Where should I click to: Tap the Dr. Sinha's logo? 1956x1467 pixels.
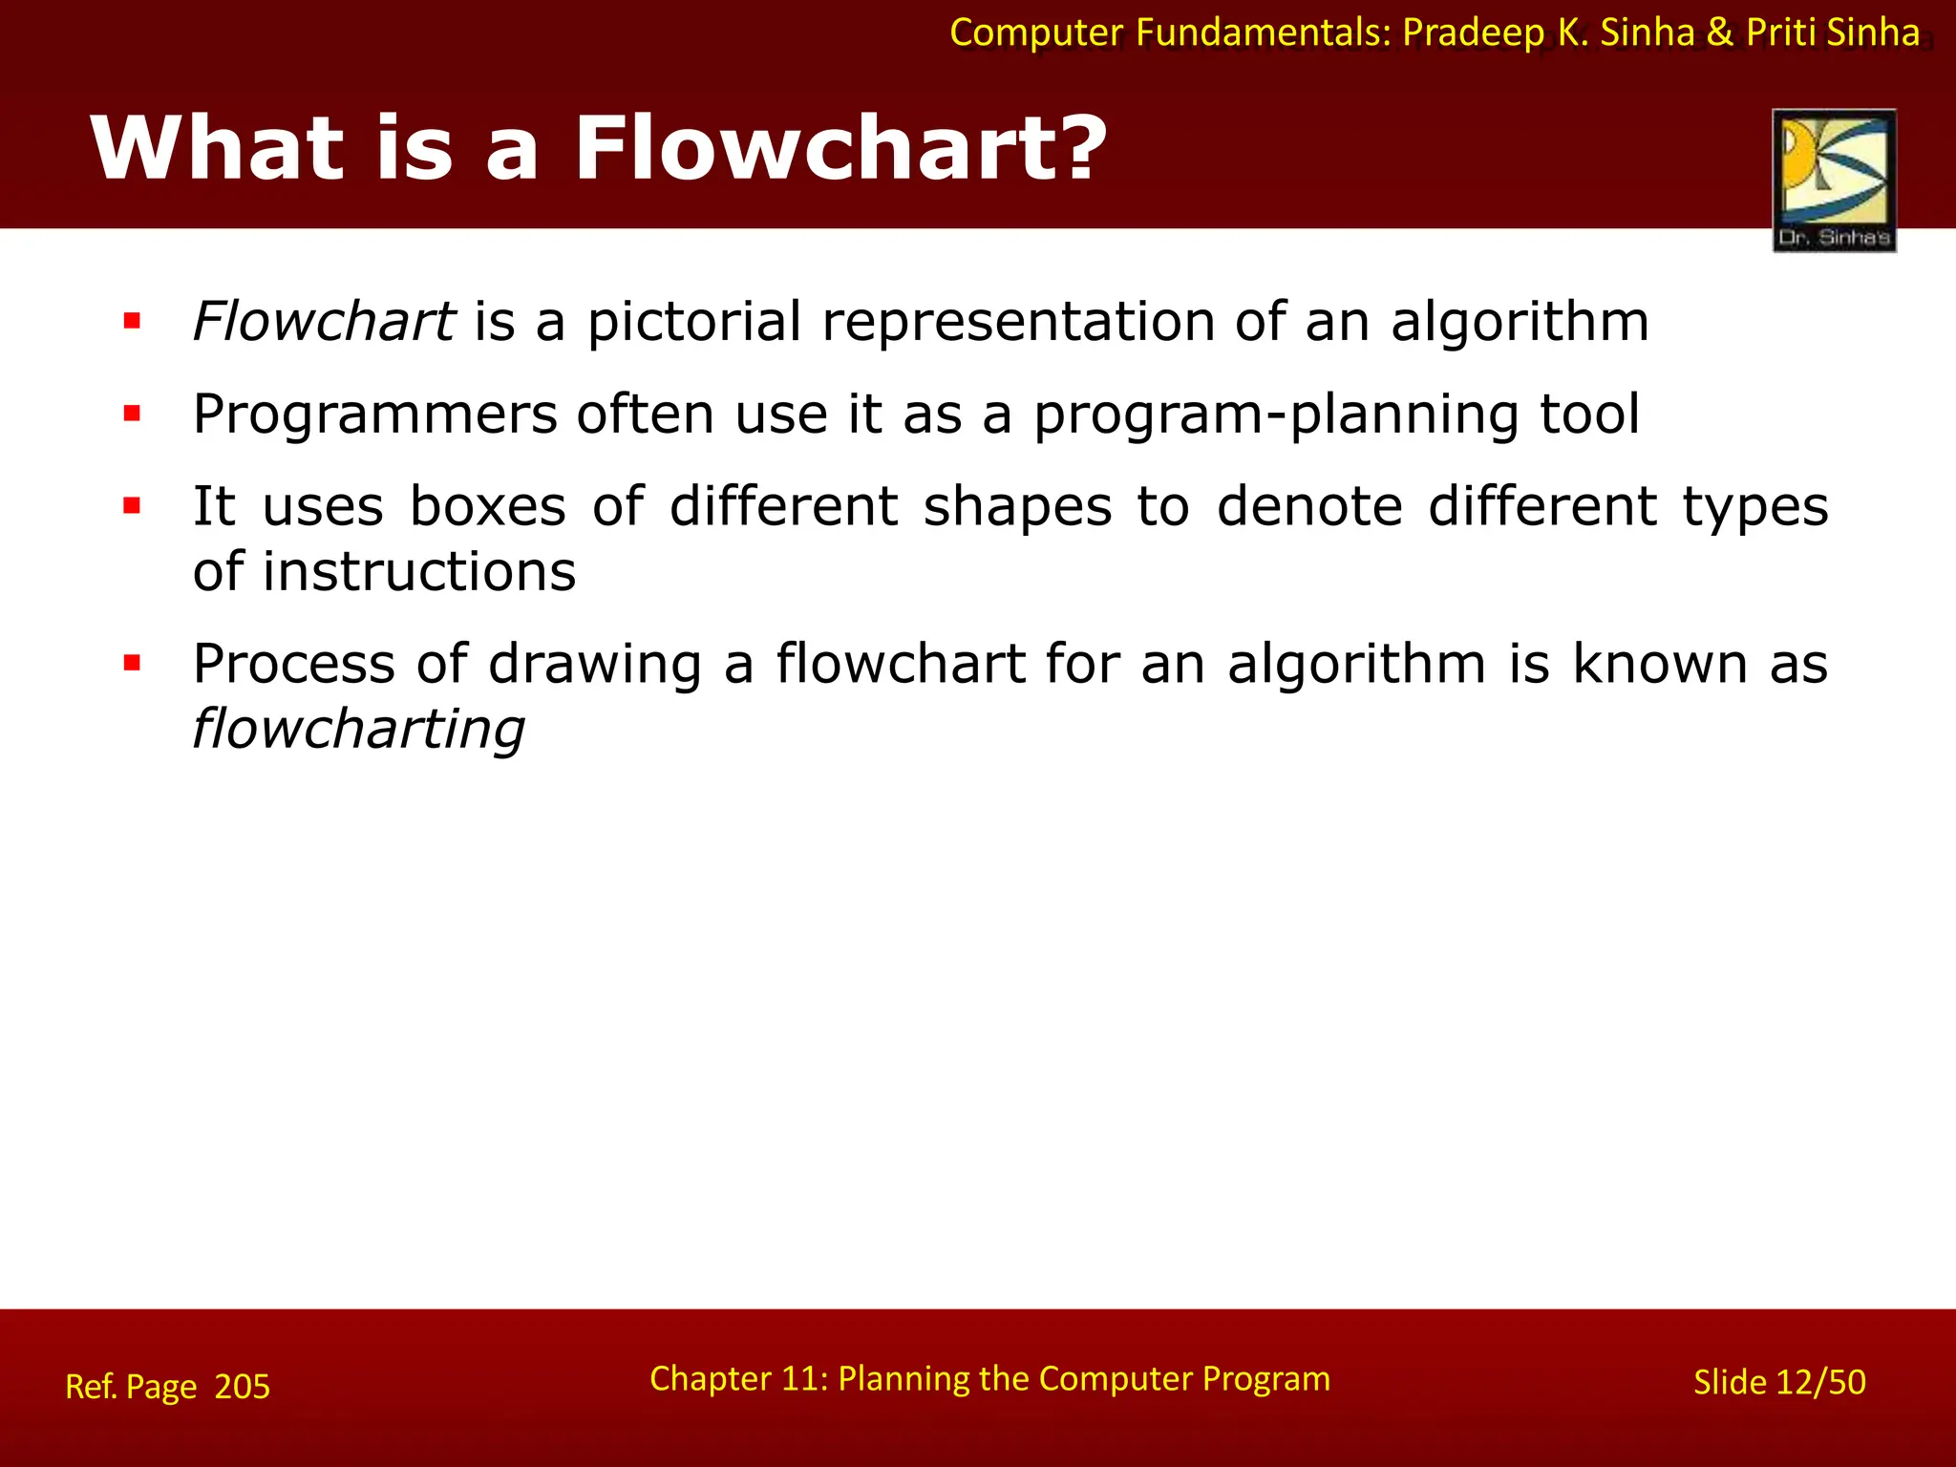pos(1834,181)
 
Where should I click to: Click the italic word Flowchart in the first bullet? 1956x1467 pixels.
pos(323,321)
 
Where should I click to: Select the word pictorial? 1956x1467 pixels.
pos(693,321)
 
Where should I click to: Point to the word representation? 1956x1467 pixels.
pos(1018,321)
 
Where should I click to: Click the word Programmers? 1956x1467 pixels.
pos(374,415)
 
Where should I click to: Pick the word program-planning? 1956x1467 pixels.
pos(1275,415)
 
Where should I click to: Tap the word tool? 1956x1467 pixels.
pos(1590,415)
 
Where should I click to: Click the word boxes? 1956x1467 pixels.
pos(488,506)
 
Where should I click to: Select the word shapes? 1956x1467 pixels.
pos(1017,506)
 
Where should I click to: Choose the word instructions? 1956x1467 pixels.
pos(419,572)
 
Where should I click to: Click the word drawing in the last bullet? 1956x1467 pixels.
pos(595,664)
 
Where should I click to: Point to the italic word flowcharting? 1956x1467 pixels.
pos(358,730)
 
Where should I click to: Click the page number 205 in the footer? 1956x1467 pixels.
pos(243,1387)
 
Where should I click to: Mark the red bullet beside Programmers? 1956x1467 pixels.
pos(132,414)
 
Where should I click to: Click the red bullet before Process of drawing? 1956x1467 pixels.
pos(132,663)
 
